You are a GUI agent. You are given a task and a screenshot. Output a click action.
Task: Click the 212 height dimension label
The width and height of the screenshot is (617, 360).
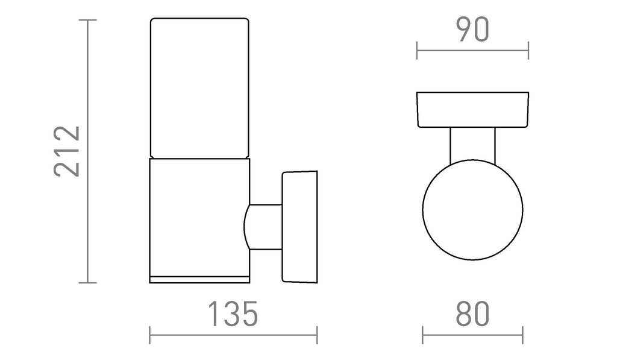tap(67, 151)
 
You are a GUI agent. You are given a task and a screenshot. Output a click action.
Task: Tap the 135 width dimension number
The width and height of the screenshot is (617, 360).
tap(233, 314)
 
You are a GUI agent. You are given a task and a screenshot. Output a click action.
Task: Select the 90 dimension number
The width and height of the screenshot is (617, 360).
tap(472, 30)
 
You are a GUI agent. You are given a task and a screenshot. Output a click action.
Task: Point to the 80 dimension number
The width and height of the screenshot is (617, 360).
tap(472, 314)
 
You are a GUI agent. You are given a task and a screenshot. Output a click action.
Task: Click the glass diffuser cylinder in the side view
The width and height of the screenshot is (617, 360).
tap(199, 88)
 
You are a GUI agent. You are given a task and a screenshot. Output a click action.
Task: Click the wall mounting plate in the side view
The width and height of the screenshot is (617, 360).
tap(300, 227)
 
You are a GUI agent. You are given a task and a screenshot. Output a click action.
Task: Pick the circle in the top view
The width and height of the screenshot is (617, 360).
tap(472, 209)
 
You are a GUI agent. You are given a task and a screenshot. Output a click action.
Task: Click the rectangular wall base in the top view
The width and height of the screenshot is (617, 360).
tap(472, 110)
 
